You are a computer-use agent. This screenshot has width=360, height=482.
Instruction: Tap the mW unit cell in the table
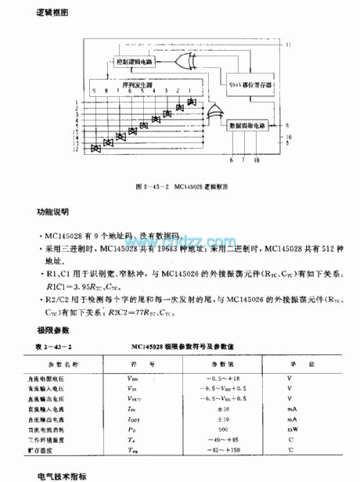(290, 429)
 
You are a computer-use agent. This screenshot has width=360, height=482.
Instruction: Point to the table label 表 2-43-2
(52, 344)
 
